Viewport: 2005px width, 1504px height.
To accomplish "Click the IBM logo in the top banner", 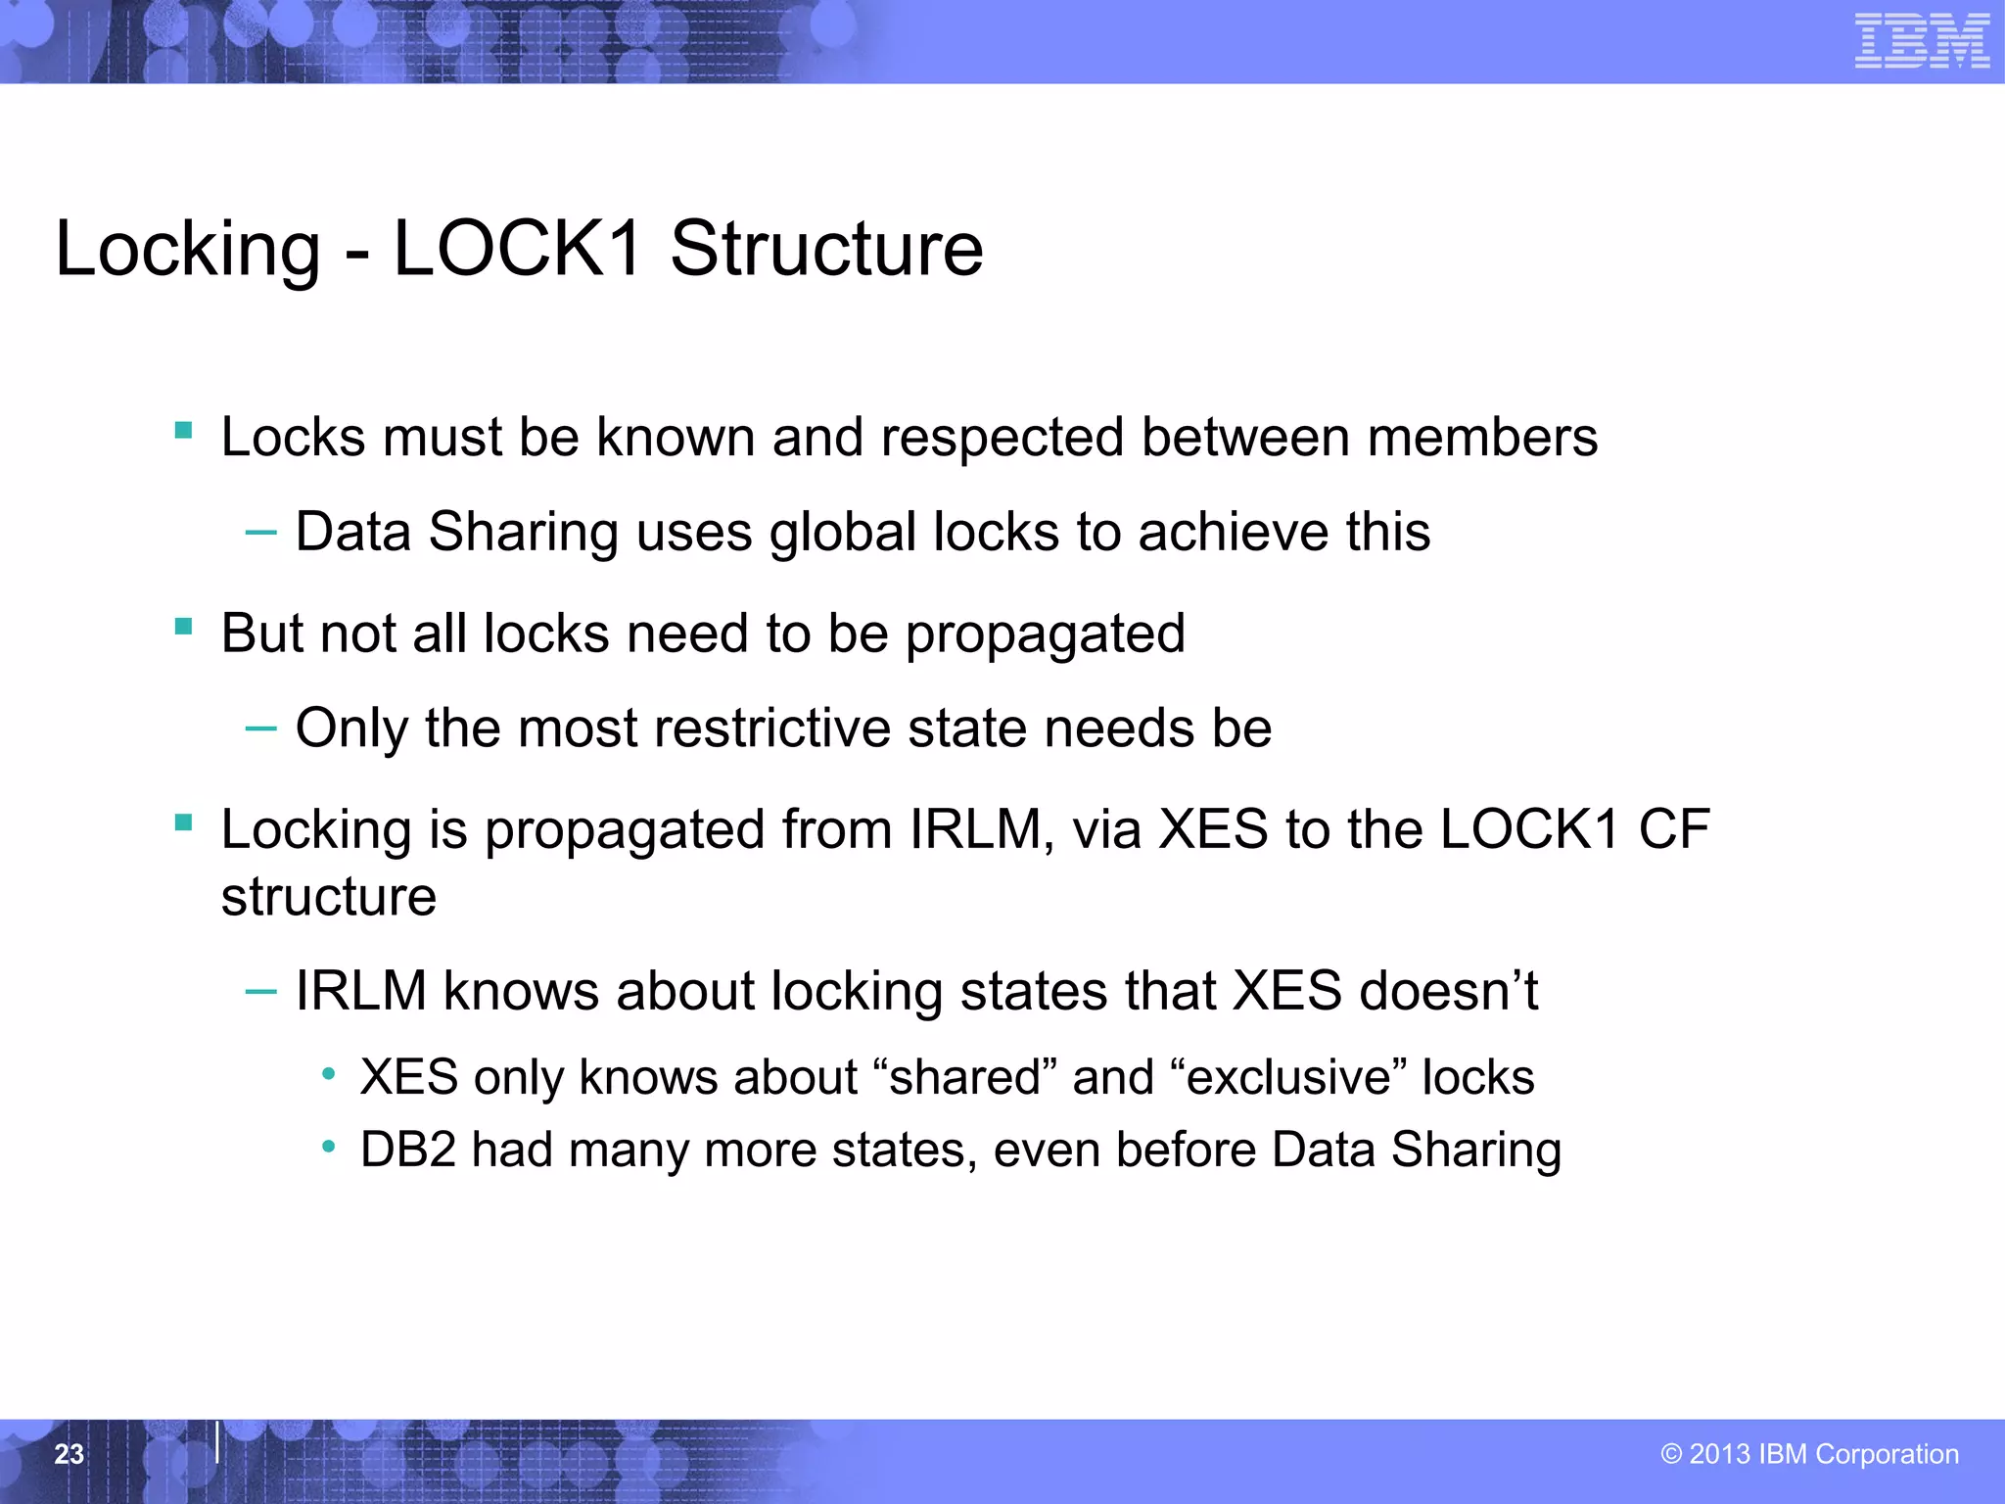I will (x=1922, y=41).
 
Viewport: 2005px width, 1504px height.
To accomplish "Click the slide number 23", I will (x=69, y=1454).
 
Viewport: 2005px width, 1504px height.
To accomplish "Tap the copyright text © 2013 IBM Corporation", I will (x=1809, y=1454).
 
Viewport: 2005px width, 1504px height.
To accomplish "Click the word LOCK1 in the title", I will (x=517, y=249).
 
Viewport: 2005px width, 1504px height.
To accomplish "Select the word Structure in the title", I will (x=826, y=249).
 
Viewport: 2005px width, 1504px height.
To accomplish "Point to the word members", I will (x=1482, y=438).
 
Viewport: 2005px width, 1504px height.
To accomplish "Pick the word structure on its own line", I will (x=328, y=897).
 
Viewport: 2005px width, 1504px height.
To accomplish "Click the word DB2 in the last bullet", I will (x=408, y=1150).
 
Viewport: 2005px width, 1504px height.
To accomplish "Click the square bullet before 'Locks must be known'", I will (x=183, y=430).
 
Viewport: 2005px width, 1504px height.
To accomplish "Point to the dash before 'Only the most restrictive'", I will (x=260, y=728).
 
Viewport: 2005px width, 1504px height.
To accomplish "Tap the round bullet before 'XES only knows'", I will (x=329, y=1075).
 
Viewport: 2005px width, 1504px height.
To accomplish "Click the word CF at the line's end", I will (x=1674, y=829).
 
